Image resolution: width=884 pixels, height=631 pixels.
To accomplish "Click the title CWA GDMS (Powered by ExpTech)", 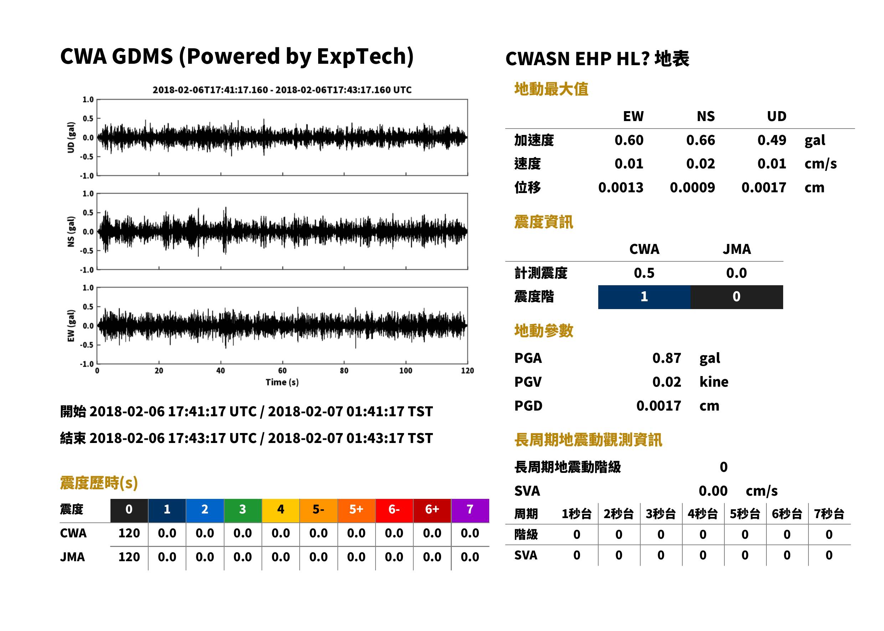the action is pyautogui.click(x=237, y=56).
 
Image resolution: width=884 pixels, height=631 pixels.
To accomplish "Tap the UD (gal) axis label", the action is pyautogui.click(x=71, y=137).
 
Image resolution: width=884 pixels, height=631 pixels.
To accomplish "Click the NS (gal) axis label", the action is pyautogui.click(x=71, y=231).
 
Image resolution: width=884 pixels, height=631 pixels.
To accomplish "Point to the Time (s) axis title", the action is pyautogui.click(x=282, y=382).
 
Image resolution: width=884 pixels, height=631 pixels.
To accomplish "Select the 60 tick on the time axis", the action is pyautogui.click(x=282, y=371).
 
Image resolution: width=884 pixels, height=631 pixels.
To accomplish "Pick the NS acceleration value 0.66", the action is pyautogui.click(x=701, y=140).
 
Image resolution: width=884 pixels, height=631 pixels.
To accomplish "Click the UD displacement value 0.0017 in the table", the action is pyautogui.click(x=764, y=188).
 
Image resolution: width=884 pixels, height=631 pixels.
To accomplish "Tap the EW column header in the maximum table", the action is pyautogui.click(x=633, y=116).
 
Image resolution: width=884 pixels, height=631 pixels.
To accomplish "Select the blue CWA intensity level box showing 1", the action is pyautogui.click(x=644, y=297).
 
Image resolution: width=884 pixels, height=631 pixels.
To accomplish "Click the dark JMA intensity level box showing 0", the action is pyautogui.click(x=737, y=297).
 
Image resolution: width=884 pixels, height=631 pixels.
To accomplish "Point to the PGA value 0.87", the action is pyautogui.click(x=667, y=358).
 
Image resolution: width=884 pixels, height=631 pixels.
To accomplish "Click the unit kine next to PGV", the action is pyautogui.click(x=714, y=382).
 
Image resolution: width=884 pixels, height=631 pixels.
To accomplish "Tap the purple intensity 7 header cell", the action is pyautogui.click(x=470, y=510).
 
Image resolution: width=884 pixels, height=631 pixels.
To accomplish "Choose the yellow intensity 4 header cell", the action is pyautogui.click(x=281, y=510).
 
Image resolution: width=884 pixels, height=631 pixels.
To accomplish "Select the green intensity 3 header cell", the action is pyautogui.click(x=243, y=510).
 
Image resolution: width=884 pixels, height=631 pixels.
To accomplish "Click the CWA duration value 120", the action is pyautogui.click(x=129, y=533).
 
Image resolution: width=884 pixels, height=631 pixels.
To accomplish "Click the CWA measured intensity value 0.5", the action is pyautogui.click(x=644, y=273).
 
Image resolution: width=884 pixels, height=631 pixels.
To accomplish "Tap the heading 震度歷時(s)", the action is pyautogui.click(x=99, y=483).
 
